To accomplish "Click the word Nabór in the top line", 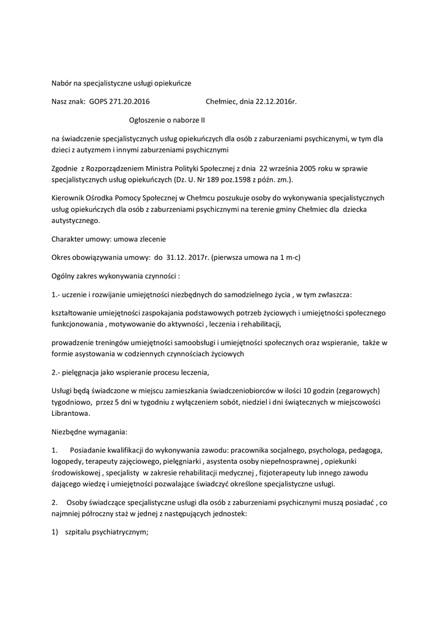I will point(61,82).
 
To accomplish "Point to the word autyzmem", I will point(97,149).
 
